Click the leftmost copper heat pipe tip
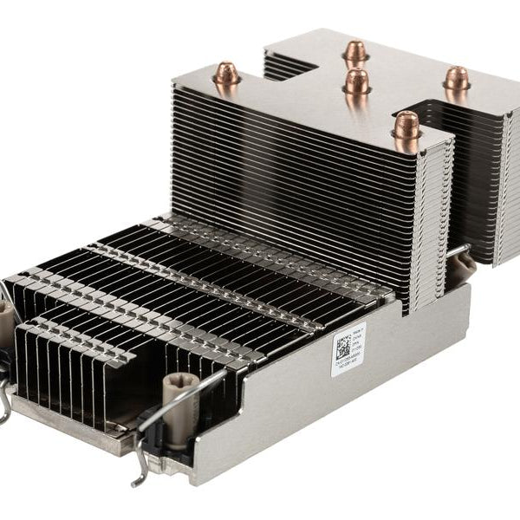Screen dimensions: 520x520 pyautogui.click(x=226, y=75)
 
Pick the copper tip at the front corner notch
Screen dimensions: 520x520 pyautogui.click(x=406, y=125)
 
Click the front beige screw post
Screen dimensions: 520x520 pyautogui.click(x=181, y=398)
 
